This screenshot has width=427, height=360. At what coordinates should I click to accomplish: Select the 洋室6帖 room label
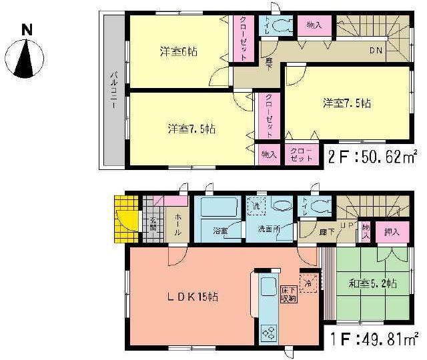[x=177, y=51]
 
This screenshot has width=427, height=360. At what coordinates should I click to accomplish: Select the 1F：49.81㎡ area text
[x=373, y=338]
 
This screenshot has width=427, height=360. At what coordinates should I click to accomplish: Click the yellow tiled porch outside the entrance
[x=125, y=218]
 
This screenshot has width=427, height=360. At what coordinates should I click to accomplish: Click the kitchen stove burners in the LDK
[x=269, y=331]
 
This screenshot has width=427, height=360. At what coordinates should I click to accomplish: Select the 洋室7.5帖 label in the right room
[x=348, y=103]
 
